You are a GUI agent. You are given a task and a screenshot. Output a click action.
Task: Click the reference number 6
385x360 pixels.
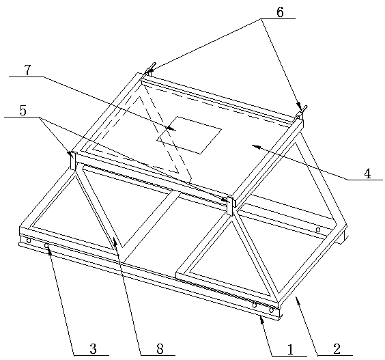pyautogui.click(x=280, y=12)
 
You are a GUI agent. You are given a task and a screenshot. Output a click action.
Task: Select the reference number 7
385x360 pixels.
pyautogui.click(x=27, y=70)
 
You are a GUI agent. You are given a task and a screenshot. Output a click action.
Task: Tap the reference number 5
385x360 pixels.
pyautogui.click(x=23, y=111)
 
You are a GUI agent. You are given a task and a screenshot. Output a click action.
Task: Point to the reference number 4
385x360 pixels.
pyautogui.click(x=367, y=174)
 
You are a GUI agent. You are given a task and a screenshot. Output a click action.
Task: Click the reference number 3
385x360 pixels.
pyautogui.click(x=93, y=349)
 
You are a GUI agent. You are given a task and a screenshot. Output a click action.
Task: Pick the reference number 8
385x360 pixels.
pyautogui.click(x=160, y=349)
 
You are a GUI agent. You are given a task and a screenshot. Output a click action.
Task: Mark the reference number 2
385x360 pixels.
pyautogui.click(x=337, y=349)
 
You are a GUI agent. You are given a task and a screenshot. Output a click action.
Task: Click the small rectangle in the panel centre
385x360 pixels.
pyautogui.click(x=189, y=135)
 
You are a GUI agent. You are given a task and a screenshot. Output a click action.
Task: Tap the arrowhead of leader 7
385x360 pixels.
pyautogui.click(x=172, y=128)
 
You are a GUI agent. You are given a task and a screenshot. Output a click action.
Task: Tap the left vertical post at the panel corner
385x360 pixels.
pyautogui.click(x=73, y=161)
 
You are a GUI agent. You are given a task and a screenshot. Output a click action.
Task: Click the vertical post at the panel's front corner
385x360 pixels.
pyautogui.click(x=231, y=206)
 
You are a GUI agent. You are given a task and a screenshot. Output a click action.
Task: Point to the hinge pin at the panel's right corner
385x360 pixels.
pyautogui.click(x=302, y=111)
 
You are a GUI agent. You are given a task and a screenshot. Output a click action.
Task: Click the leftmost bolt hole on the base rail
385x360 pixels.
pyautogui.click(x=29, y=240)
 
